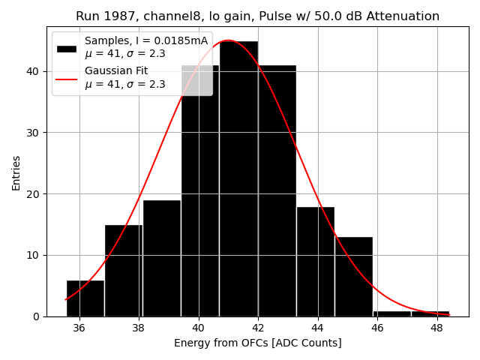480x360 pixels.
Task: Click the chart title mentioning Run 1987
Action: point(257,16)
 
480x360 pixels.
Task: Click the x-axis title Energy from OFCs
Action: point(257,343)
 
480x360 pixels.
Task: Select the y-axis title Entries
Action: point(16,172)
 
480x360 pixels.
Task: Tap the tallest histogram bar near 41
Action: point(238,180)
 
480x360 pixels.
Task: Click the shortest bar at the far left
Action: point(85,298)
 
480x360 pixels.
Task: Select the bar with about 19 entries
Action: point(162,258)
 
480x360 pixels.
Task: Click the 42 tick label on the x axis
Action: point(258,328)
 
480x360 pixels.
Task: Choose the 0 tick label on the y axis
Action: point(36,316)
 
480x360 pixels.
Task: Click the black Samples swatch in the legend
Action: point(67,48)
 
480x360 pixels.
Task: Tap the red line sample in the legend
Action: point(67,78)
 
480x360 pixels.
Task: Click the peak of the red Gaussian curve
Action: point(228,40)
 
